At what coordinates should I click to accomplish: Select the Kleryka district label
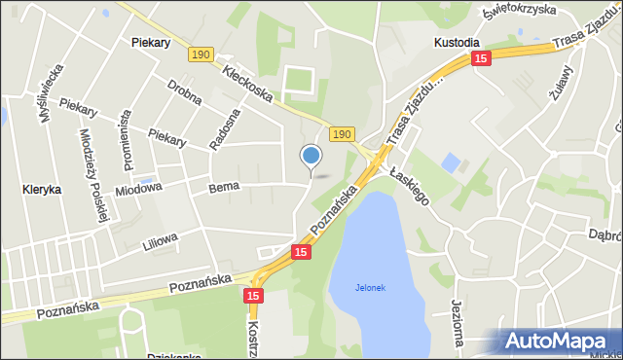pos(42,190)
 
